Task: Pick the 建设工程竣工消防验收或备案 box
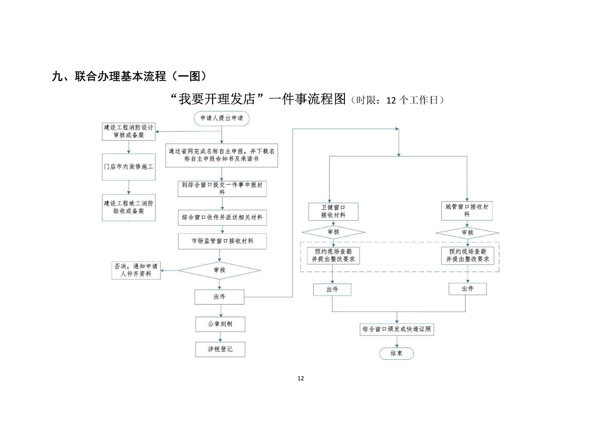129,207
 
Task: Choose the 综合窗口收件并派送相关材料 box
222,219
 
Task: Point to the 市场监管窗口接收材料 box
222,241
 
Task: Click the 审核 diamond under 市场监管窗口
219,270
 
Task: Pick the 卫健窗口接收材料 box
333,211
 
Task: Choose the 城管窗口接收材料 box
467,210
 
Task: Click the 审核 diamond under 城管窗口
467,233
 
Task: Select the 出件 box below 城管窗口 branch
468,289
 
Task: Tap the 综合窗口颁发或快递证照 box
396,329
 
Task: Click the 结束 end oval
396,353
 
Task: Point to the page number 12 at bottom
300,378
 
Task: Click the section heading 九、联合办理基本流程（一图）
129,77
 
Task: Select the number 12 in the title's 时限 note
392,100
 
